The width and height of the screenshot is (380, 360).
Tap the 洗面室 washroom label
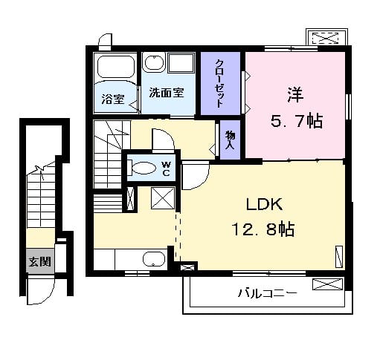click(166, 94)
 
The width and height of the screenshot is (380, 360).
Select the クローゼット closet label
click(220, 83)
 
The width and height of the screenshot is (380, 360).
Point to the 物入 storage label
click(229, 140)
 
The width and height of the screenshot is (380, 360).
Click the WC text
click(167, 168)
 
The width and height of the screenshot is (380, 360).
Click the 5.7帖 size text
click(295, 121)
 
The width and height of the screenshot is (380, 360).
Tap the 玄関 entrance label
click(39, 262)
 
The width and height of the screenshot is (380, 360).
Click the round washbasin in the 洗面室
click(155, 63)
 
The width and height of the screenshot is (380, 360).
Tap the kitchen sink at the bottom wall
click(153, 259)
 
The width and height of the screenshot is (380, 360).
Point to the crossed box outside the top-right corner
click(325, 37)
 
